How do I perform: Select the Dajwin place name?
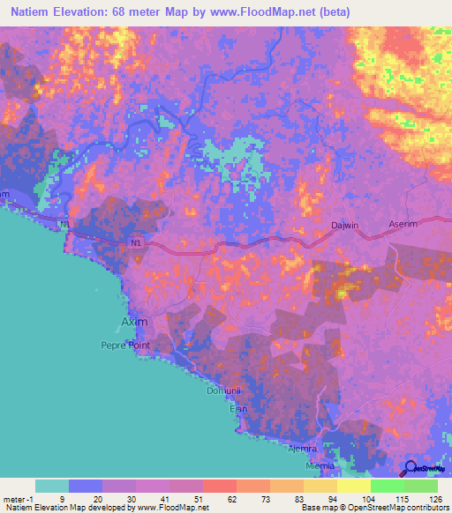tap(344, 225)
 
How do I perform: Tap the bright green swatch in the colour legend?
tap(387, 486)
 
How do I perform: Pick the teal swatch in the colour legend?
tap(52, 486)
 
